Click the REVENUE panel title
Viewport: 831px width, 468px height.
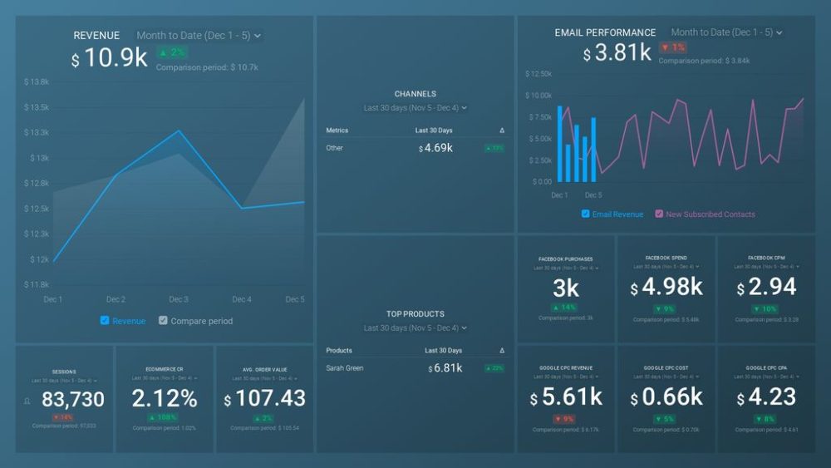pyautogui.click(x=96, y=36)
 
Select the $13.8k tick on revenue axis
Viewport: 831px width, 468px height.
pyautogui.click(x=37, y=82)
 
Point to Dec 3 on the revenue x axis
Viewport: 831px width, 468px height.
pyautogui.click(x=179, y=299)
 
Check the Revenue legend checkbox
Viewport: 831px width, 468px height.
pyautogui.click(x=104, y=321)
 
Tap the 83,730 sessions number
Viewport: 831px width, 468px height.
pyautogui.click(x=72, y=400)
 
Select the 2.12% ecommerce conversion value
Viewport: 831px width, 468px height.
pyautogui.click(x=165, y=399)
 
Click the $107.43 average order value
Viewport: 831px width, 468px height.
pyautogui.click(x=264, y=399)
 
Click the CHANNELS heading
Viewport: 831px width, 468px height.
pyautogui.click(x=415, y=94)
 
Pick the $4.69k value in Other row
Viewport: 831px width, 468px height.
pyautogui.click(x=435, y=148)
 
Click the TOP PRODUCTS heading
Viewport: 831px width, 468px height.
pyautogui.click(x=415, y=314)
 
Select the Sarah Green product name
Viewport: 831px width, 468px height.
pyautogui.click(x=345, y=368)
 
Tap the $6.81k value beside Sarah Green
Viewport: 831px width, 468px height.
pyautogui.click(x=445, y=368)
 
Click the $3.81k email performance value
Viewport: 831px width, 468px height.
pyautogui.click(x=617, y=54)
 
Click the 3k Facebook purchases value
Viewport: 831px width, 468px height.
pyautogui.click(x=566, y=288)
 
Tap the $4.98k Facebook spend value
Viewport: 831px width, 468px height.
pyautogui.click(x=666, y=288)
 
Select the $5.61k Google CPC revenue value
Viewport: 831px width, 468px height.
pyautogui.click(x=566, y=397)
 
